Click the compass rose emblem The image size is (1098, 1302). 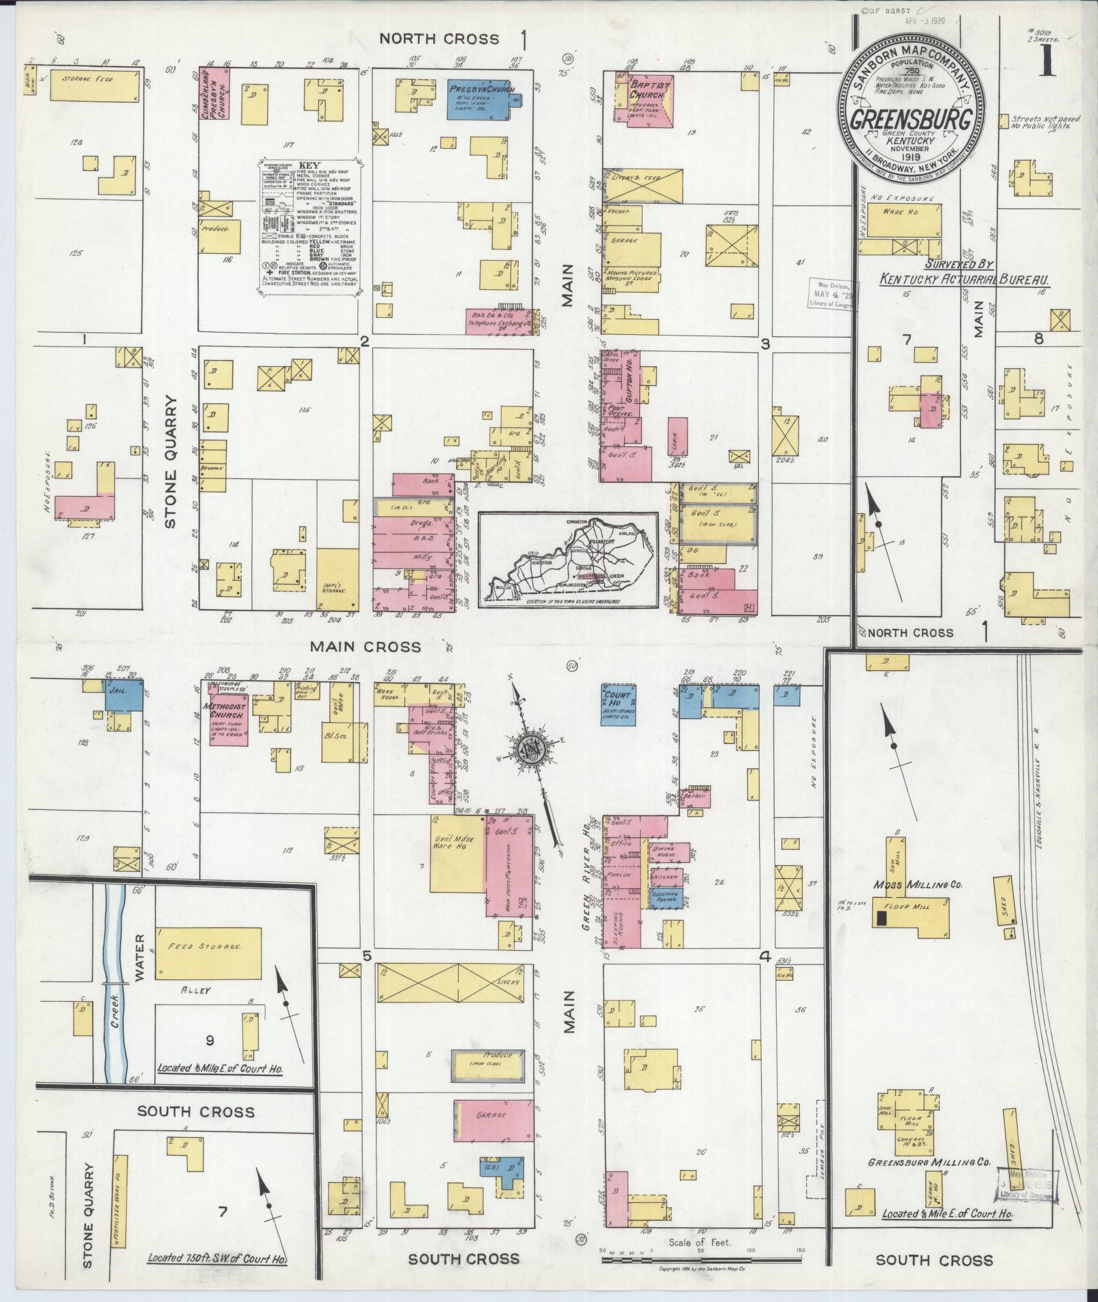529,748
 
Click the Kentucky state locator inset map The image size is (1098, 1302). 568,560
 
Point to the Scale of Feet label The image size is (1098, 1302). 700,1242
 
